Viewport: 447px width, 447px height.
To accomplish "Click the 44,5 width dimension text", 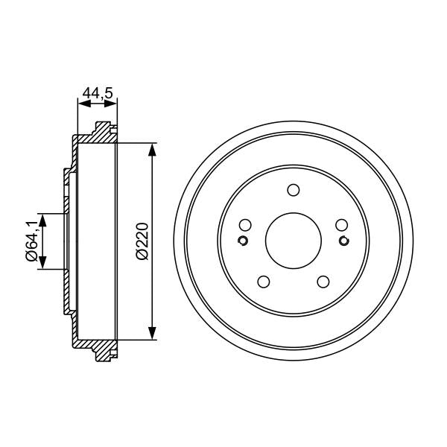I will coord(97,93).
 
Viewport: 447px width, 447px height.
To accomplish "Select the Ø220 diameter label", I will coord(142,241).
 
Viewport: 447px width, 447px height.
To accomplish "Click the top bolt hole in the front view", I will coord(293,190).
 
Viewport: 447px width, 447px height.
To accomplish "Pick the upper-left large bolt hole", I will coord(245,225).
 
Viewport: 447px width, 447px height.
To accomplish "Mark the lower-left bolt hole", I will coord(263,282).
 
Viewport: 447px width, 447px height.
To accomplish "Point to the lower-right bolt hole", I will coord(323,282).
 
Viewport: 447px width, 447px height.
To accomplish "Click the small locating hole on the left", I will coord(243,240).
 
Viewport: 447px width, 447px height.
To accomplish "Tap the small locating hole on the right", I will coord(343,240).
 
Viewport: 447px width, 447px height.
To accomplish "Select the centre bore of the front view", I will coord(293,241).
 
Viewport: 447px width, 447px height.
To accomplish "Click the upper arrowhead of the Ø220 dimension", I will coord(153,149).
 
